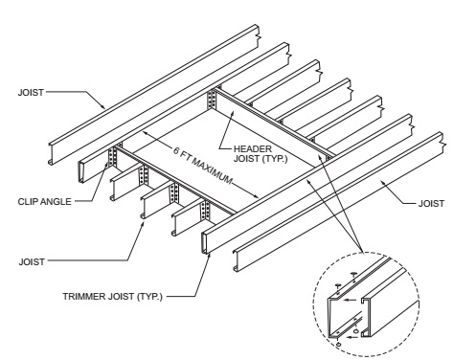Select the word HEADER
pos(253,148)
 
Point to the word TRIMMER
pos(83,297)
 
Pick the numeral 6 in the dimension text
pos(176,150)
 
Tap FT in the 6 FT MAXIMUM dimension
pos(186,155)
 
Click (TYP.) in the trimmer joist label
pos(149,297)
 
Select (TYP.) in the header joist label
pos(275,159)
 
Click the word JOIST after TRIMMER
pos(120,297)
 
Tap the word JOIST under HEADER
pos(246,159)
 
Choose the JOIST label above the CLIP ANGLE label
pos(31,93)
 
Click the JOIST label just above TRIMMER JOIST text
pos(32,262)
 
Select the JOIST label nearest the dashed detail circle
pos(431,203)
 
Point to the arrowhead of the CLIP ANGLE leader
pos(107,165)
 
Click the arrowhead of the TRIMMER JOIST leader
pos(209,256)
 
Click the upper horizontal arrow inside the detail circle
pos(351,300)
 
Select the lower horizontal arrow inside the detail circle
pos(351,337)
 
